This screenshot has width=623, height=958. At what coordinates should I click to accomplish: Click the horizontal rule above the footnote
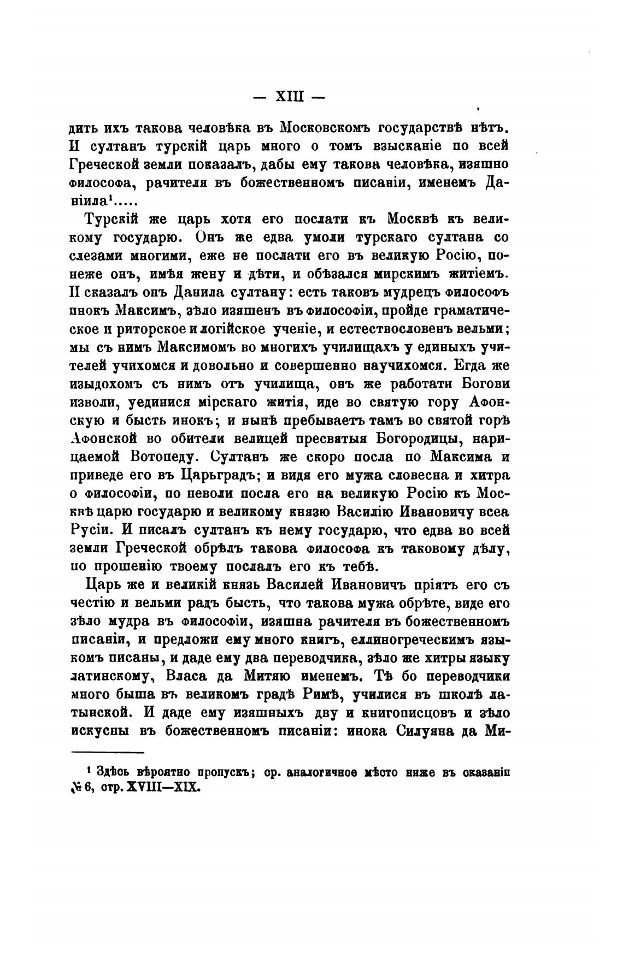tap(107, 753)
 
